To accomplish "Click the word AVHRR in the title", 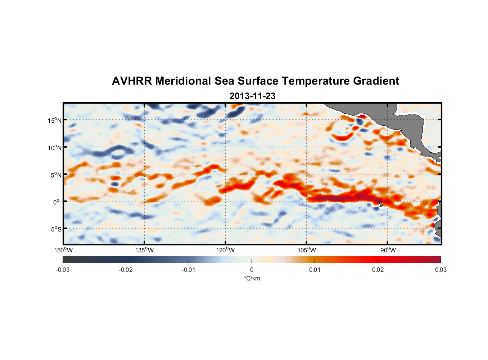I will click(131, 81).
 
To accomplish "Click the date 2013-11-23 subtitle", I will click(252, 96).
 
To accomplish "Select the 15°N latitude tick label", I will click(55, 120).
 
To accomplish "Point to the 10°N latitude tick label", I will click(55, 148).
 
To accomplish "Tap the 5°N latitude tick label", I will click(56, 175).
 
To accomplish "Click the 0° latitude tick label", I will click(56, 202).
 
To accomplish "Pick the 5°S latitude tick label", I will click(56, 229).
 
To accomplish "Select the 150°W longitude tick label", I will click(64, 250).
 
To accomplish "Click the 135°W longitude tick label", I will click(145, 250).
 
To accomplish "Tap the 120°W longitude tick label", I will click(226, 250).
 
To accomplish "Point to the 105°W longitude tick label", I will click(307, 250).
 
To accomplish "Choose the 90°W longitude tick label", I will click(388, 250).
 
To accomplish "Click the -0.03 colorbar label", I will click(63, 270).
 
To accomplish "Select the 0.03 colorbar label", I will click(440, 270).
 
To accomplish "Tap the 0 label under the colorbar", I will click(252, 270).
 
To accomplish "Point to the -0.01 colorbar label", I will click(189, 270).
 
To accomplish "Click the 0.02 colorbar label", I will click(378, 270).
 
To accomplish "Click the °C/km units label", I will click(252, 278).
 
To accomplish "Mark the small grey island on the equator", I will click(380, 203).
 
